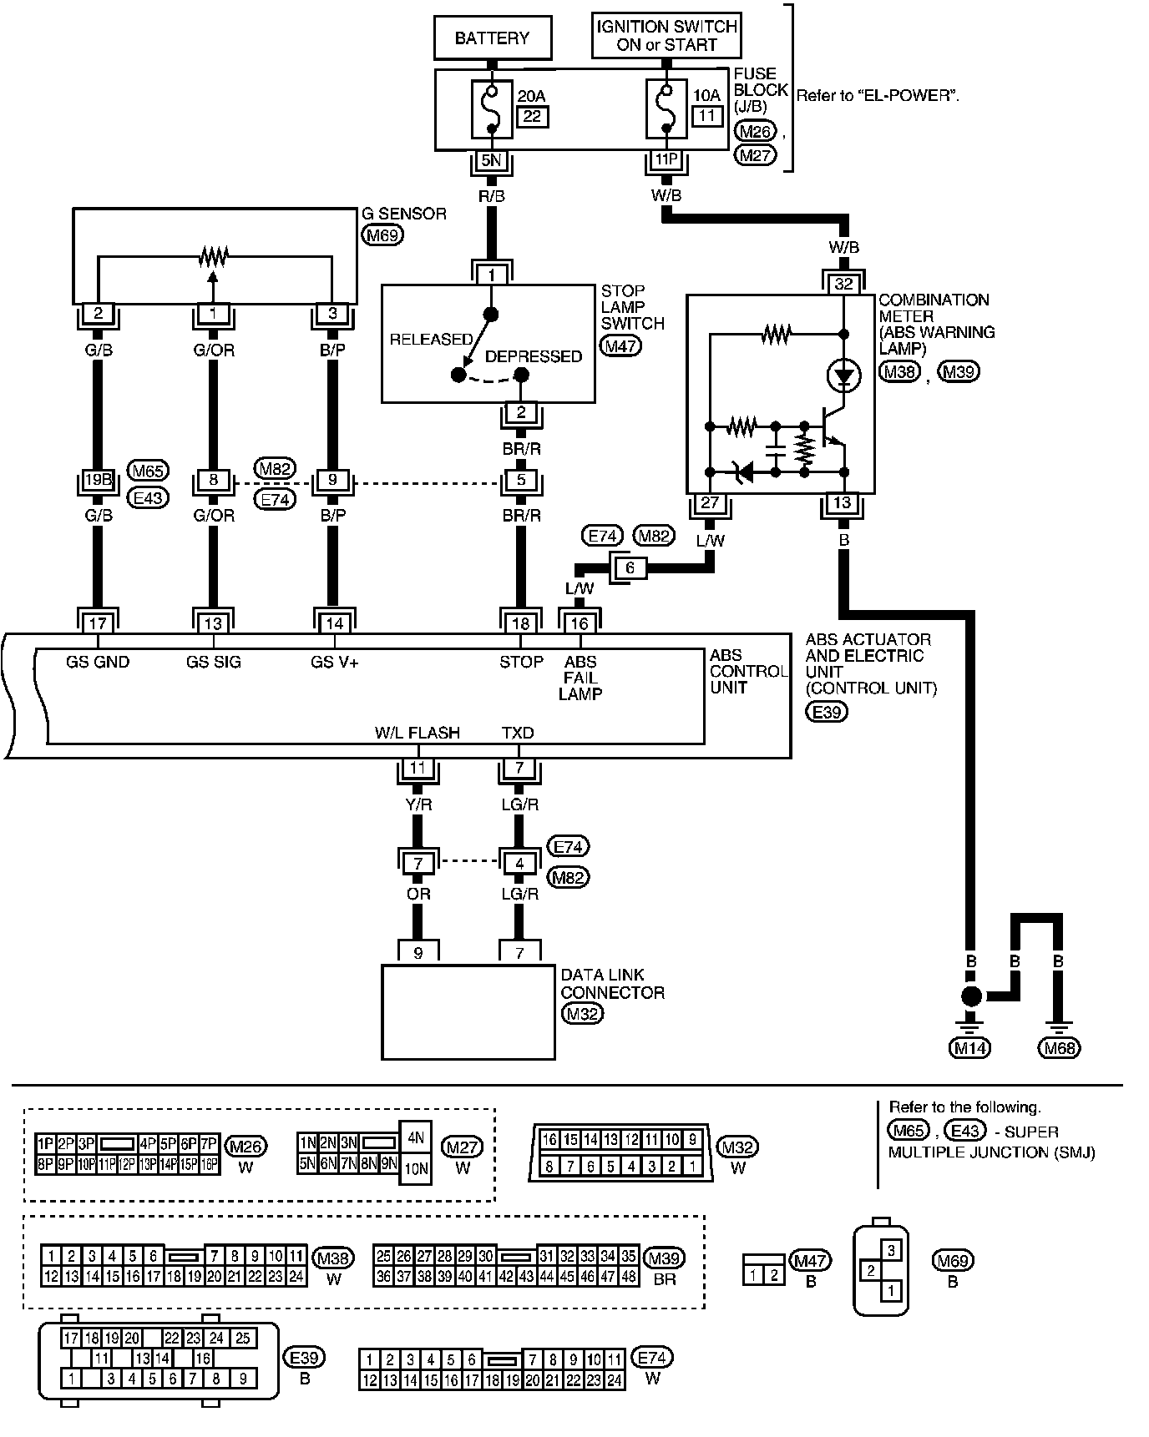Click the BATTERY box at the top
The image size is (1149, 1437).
coord(492,38)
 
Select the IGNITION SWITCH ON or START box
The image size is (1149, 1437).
coord(666,36)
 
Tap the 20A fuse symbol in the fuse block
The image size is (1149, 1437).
coord(493,109)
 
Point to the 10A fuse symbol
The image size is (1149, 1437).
coord(666,109)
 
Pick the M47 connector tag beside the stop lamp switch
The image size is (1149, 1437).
coord(621,345)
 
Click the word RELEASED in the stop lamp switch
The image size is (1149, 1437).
coord(431,340)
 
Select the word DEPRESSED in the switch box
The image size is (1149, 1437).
coord(534,356)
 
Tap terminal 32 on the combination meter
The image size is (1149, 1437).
coord(844,284)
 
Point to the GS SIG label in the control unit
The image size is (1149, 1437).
coord(213,663)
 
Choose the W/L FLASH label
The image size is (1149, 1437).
coord(418,733)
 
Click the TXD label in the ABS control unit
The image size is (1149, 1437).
coord(518,733)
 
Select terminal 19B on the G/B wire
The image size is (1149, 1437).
coord(99,480)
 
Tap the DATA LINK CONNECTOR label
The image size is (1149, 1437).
coord(612,984)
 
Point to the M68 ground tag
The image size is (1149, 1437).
coord(1059,1047)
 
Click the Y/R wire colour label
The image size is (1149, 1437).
coord(418,805)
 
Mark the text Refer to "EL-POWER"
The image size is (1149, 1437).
coord(878,96)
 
